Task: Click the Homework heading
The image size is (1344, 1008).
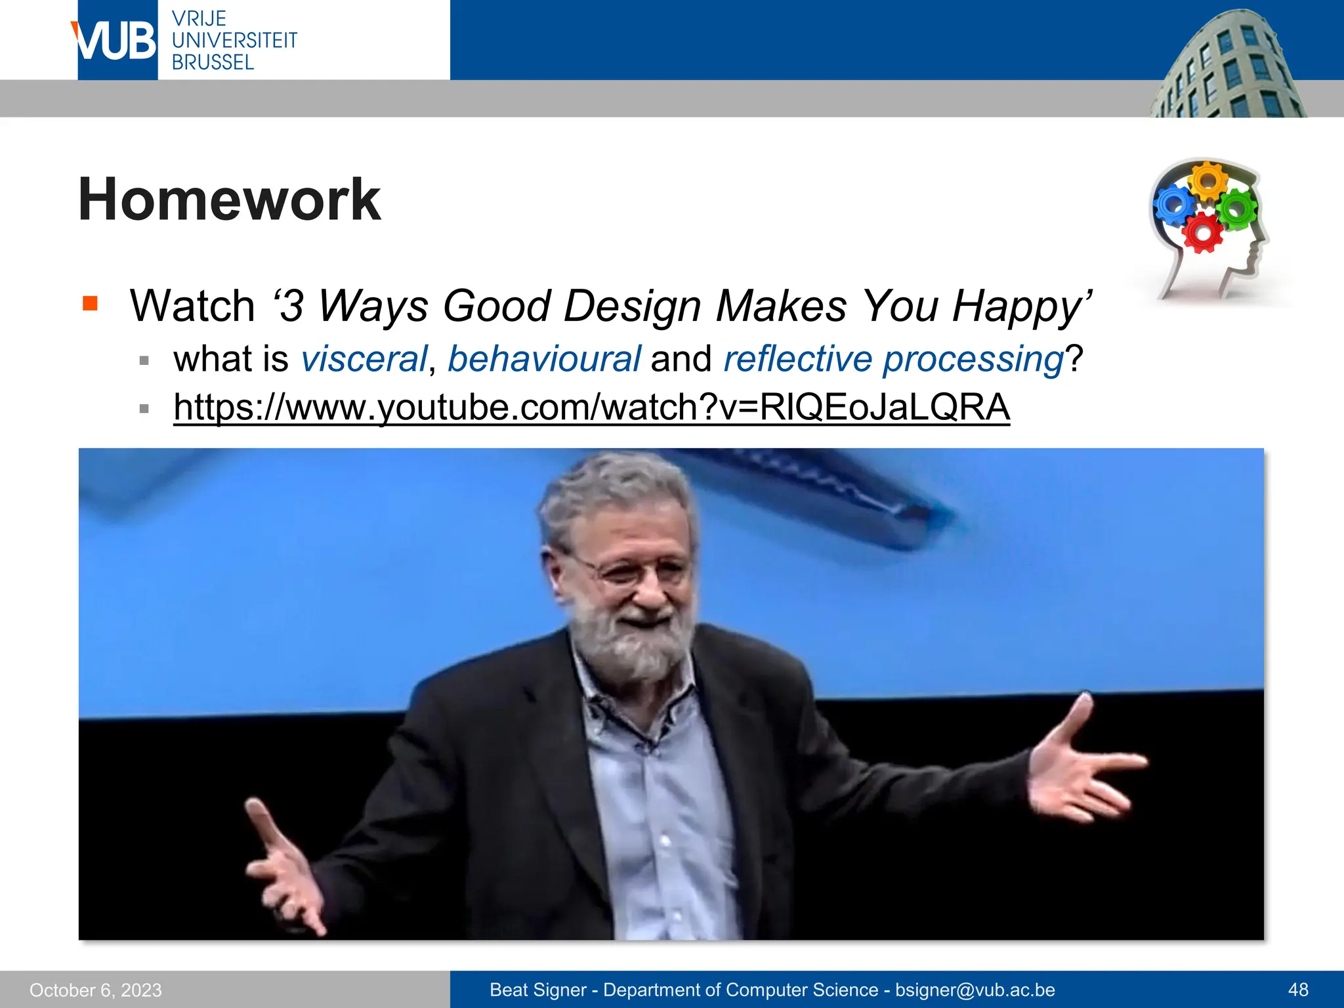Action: [x=229, y=199]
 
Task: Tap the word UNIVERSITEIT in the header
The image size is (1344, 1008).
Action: [x=234, y=41]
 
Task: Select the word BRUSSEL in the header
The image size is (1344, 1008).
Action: [x=213, y=63]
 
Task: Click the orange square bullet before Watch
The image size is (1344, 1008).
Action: [x=90, y=303]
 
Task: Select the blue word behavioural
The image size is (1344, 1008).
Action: [x=544, y=359]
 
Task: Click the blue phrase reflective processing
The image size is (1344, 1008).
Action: [x=893, y=359]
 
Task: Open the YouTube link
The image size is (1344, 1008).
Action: [x=591, y=408]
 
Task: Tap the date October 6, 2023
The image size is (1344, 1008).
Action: [x=96, y=990]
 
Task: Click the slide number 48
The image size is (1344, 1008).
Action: [x=1298, y=990]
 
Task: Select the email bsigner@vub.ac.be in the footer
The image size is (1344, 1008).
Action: [x=975, y=990]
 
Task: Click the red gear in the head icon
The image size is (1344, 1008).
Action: [x=1202, y=232]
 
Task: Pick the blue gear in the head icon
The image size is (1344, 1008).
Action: [x=1174, y=204]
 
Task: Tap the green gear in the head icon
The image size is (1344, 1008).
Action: [x=1237, y=209]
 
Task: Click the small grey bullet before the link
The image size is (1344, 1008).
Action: [x=144, y=409]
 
